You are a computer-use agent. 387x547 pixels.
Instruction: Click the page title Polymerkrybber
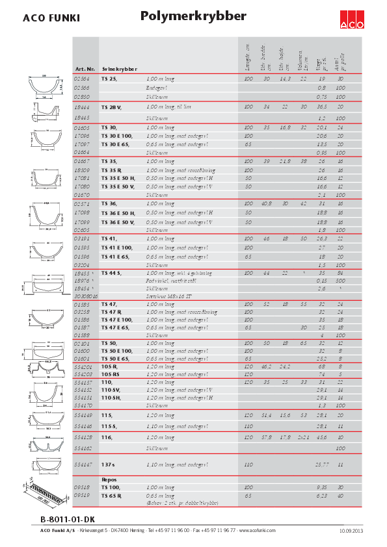click(x=193, y=16)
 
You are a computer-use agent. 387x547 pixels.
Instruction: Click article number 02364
click(x=83, y=78)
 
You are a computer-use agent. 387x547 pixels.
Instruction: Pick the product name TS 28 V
click(x=111, y=107)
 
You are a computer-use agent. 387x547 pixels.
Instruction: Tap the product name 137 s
click(x=108, y=465)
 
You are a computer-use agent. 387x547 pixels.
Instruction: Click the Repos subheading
click(x=108, y=479)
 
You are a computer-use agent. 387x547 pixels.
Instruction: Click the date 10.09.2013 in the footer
click(x=352, y=531)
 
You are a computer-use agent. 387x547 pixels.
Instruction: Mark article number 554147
click(x=83, y=465)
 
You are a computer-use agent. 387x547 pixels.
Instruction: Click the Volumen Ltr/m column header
click(x=302, y=59)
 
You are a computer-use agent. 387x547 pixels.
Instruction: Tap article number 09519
click(x=82, y=495)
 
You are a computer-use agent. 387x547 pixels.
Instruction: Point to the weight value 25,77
click(x=321, y=465)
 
